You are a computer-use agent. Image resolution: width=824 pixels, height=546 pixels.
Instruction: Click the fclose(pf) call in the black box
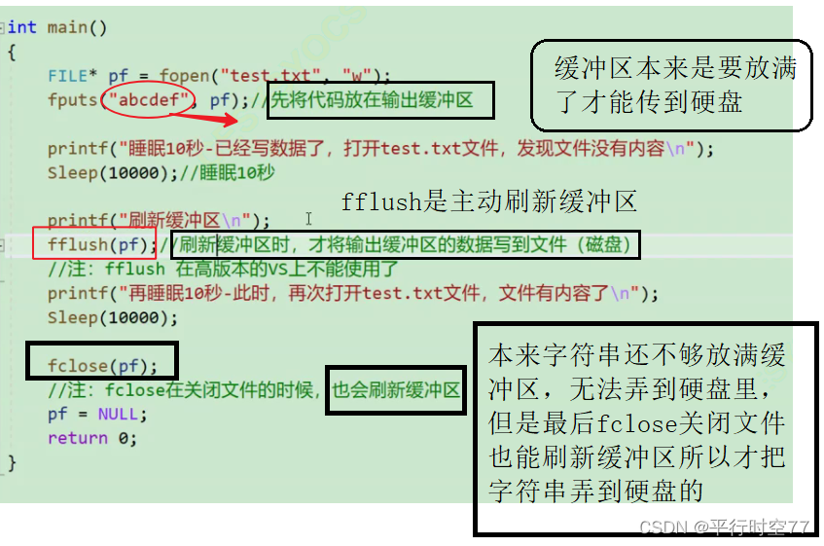point(101,366)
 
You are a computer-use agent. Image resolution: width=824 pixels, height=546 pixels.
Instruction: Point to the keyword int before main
point(21,27)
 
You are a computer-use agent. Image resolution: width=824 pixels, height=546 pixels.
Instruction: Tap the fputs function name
point(72,99)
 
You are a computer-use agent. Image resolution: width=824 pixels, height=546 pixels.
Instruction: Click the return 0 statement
point(92,438)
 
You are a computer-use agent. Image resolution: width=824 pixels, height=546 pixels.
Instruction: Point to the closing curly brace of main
point(12,462)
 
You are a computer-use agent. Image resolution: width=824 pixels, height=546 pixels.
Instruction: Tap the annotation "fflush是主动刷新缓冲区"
point(488,202)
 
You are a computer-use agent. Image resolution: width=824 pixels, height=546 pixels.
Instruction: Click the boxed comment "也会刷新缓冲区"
point(396,390)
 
